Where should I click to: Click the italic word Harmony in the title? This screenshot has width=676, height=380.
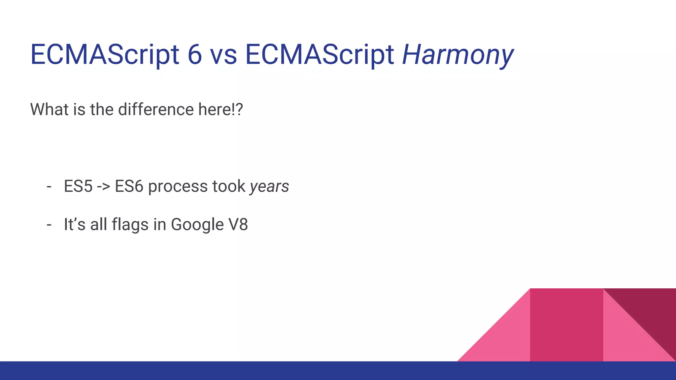click(x=457, y=54)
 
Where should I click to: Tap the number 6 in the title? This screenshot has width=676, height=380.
click(x=195, y=54)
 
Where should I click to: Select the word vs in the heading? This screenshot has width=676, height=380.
click(x=223, y=55)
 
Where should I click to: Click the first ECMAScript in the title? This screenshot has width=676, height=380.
click(x=104, y=54)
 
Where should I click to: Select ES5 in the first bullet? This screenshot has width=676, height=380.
click(x=78, y=186)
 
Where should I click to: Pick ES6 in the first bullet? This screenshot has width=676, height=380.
click(x=129, y=186)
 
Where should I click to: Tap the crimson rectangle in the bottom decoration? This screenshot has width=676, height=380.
click(x=566, y=325)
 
